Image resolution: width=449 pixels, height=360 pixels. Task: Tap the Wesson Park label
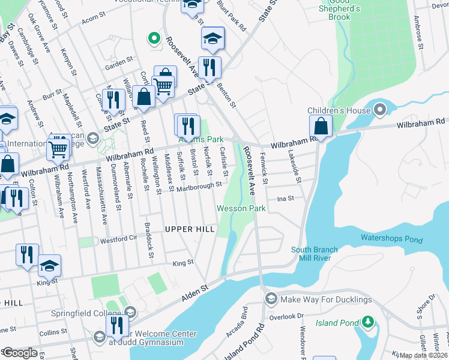coord(241,208)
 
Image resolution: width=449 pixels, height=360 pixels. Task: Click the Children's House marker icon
coord(379,110)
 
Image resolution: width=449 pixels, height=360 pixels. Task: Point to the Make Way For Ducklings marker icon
coord(271,299)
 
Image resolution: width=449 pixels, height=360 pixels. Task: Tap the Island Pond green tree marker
coord(367,323)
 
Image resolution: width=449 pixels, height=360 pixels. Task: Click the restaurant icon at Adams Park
coord(187,125)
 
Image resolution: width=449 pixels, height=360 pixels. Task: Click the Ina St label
coord(285,198)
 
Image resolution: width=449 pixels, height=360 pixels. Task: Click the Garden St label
coord(118,62)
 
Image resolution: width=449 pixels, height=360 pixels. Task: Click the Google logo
coord(20,353)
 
